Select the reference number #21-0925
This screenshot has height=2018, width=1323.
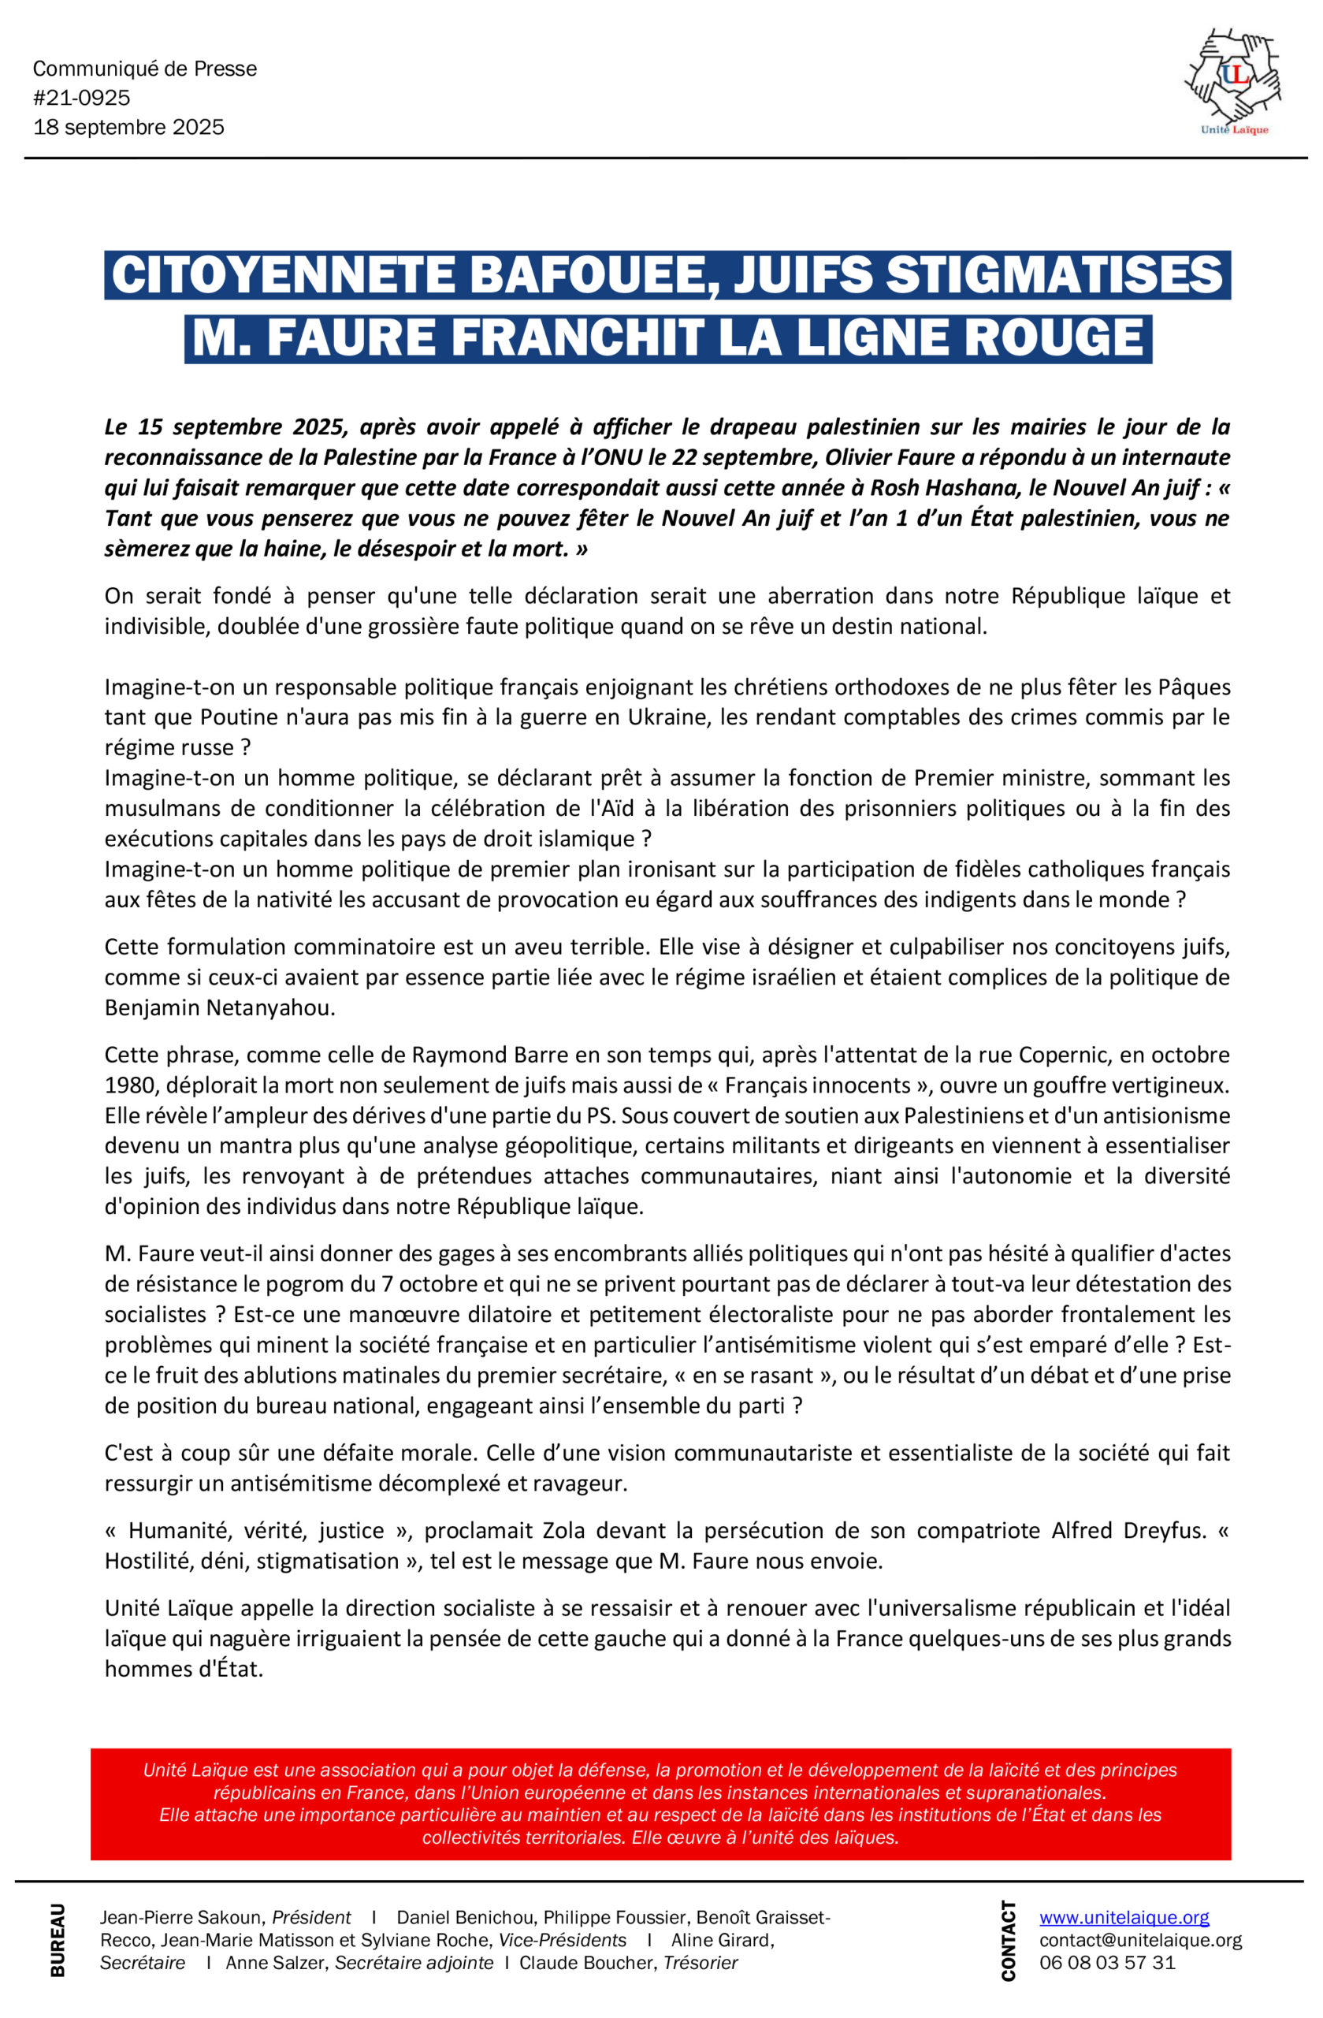click(x=82, y=99)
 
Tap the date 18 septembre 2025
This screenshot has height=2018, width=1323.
click(x=128, y=127)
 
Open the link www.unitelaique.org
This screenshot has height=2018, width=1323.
click(x=1124, y=1918)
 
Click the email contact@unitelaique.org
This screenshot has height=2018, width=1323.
click(x=1140, y=1940)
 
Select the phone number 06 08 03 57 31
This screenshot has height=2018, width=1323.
click(x=1107, y=1963)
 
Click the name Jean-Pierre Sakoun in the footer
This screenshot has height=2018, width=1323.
click(x=178, y=1918)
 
